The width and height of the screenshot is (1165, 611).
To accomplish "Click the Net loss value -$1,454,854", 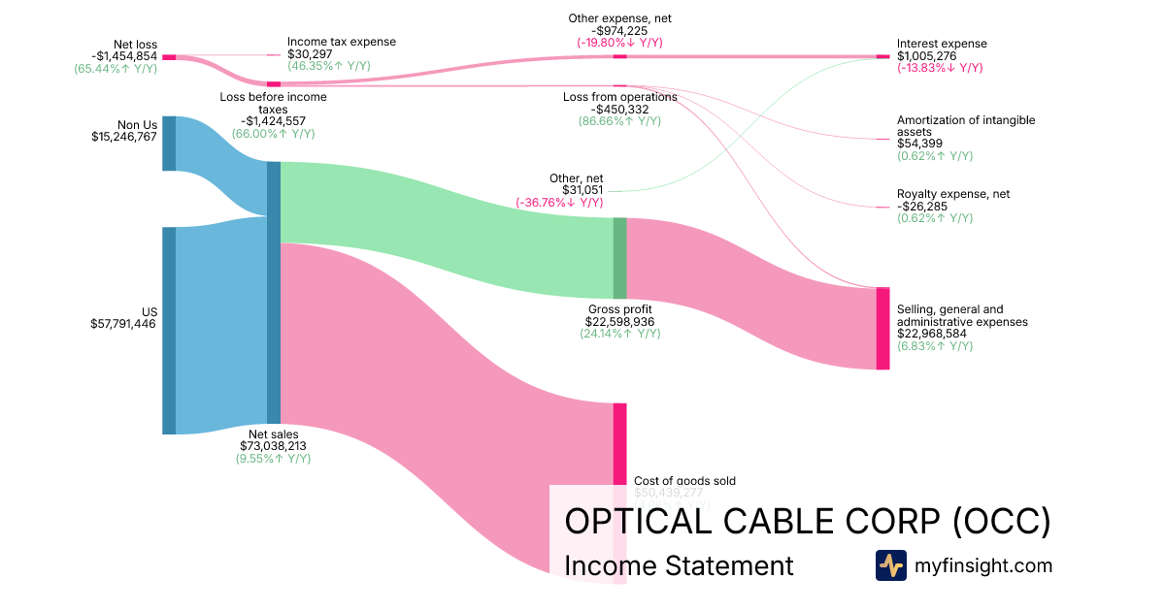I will click(116, 56).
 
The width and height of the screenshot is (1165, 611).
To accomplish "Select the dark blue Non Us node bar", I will click(169, 144).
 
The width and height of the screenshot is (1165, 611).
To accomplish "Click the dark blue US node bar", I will click(169, 331).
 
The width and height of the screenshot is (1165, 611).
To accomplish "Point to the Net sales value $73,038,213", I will click(273, 446).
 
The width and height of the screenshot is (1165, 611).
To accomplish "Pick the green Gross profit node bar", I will click(619, 258).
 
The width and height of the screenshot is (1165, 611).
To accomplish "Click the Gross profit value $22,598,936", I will click(619, 320).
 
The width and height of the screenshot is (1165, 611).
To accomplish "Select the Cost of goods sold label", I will click(684, 481).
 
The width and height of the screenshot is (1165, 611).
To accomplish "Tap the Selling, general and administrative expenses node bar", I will click(882, 328).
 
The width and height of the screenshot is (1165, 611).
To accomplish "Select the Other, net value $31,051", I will click(582, 190).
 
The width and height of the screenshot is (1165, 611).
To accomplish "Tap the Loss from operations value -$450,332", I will click(619, 110).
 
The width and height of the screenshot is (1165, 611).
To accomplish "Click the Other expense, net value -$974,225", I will click(619, 30).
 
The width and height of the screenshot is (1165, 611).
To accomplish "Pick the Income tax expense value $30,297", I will click(313, 54).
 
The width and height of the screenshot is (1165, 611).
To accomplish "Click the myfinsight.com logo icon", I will click(890, 565).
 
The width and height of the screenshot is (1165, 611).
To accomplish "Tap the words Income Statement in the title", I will click(679, 565).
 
